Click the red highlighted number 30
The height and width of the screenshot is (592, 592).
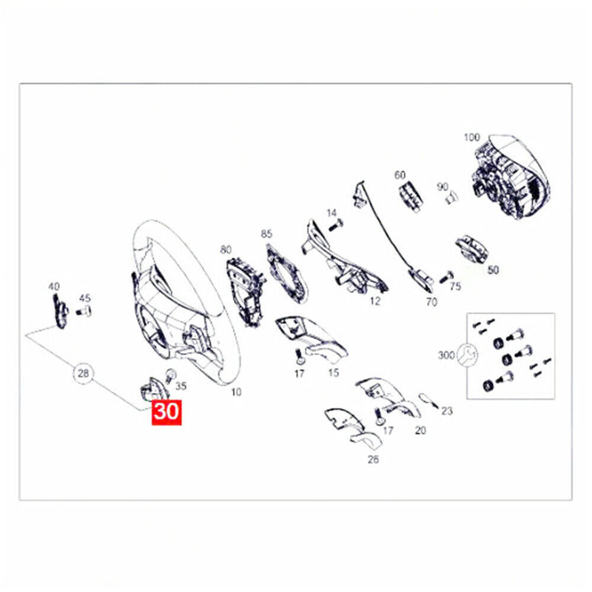pyautogui.click(x=166, y=412)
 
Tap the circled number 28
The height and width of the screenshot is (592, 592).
pyautogui.click(x=83, y=374)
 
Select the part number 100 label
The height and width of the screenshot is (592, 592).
pyautogui.click(x=472, y=137)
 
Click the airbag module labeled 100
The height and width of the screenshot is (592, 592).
pyautogui.click(x=511, y=176)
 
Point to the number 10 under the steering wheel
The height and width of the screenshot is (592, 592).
pyautogui.click(x=236, y=392)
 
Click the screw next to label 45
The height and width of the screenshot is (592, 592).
pyautogui.click(x=84, y=312)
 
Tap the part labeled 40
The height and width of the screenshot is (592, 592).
pyautogui.click(x=60, y=311)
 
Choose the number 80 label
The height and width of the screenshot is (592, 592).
pyautogui.click(x=226, y=249)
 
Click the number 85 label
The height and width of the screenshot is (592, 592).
pyautogui.click(x=266, y=234)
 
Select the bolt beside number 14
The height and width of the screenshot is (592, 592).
pyautogui.click(x=336, y=226)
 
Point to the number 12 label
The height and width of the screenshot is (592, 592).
pyautogui.click(x=375, y=301)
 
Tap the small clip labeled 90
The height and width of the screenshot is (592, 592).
pyautogui.click(x=451, y=197)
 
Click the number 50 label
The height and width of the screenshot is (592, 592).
pyautogui.click(x=493, y=270)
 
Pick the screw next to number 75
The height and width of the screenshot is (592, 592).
pyautogui.click(x=446, y=277)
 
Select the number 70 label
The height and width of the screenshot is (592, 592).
pyautogui.click(x=431, y=302)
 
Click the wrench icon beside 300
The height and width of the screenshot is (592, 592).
pyautogui.click(x=468, y=355)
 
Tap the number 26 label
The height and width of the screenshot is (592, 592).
pyautogui.click(x=373, y=460)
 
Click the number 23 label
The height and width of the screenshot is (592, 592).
pyautogui.click(x=447, y=411)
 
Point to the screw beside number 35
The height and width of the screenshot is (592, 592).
pyautogui.click(x=171, y=375)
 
